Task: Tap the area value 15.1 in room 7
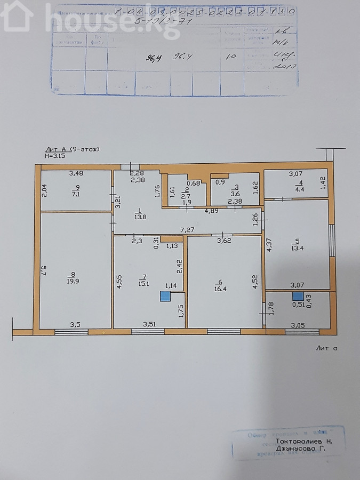pyautogui.click(x=143, y=284)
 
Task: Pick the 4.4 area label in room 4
pyautogui.click(x=300, y=189)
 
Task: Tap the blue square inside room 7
pyautogui.click(x=165, y=297)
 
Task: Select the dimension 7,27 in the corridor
pyautogui.click(x=187, y=230)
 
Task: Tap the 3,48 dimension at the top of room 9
pyautogui.click(x=76, y=173)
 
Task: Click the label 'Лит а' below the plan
pyautogui.click(x=327, y=348)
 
